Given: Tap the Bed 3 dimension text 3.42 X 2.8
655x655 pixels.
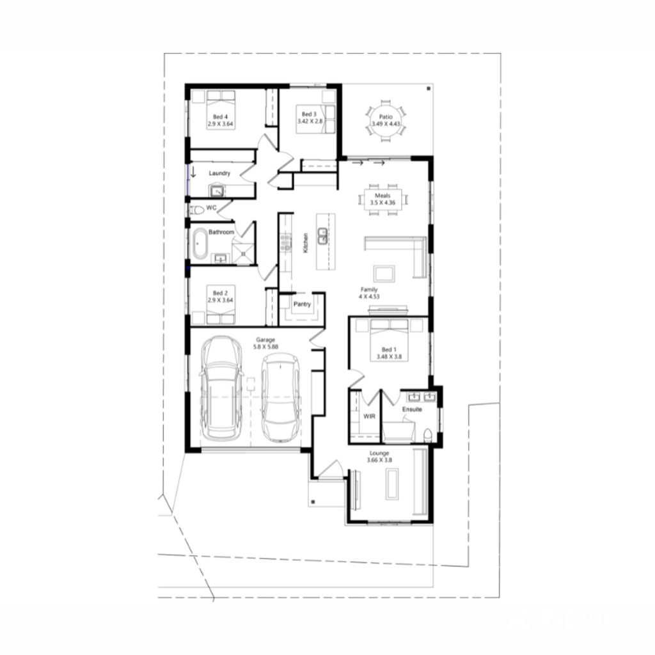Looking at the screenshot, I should point(310,121).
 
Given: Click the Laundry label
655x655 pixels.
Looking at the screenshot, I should point(219,173).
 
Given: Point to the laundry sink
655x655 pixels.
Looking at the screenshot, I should point(217,190).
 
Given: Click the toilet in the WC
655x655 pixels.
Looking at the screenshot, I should point(196,209).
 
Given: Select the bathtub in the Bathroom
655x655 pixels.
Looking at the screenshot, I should point(200,246).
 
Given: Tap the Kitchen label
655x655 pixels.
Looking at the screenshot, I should point(306,243).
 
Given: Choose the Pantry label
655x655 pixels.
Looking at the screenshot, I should point(302,304).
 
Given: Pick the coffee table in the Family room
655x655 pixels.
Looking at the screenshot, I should point(384,273).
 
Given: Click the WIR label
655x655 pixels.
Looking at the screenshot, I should point(368,416).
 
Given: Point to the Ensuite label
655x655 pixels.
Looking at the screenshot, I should point(412,409).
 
